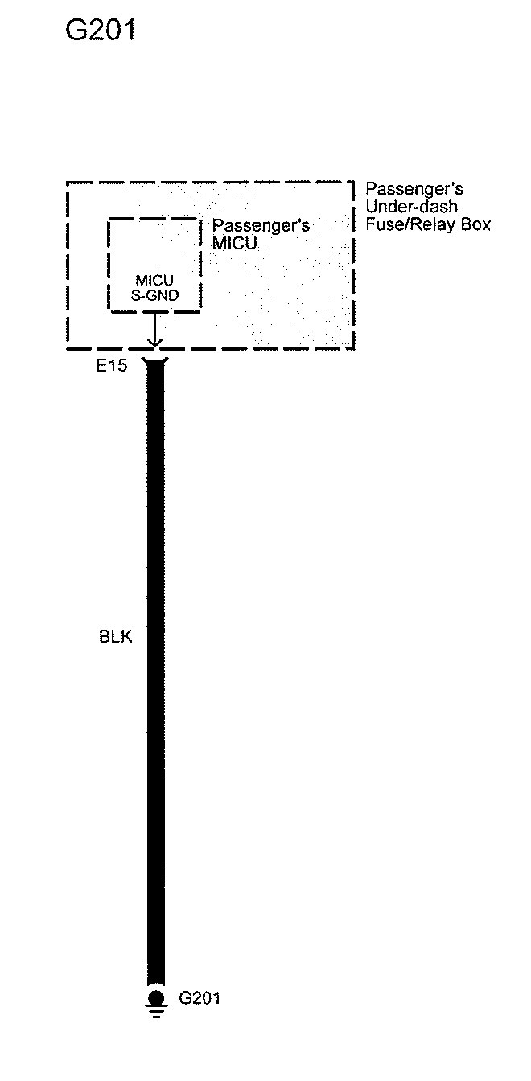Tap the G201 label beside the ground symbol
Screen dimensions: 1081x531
[x=200, y=998]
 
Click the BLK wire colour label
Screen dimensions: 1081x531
[x=116, y=637]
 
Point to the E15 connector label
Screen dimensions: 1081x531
[x=112, y=367]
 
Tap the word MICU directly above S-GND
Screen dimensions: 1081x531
[x=154, y=281]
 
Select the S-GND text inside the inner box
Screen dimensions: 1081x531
[x=154, y=294]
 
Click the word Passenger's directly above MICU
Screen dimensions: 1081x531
[x=261, y=226]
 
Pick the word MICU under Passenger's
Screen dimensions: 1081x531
[x=235, y=242]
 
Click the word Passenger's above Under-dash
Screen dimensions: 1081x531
[x=414, y=190]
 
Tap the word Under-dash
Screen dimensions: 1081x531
[x=412, y=207]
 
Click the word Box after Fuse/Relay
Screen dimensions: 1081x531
[x=474, y=224]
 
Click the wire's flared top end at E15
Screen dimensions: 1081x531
[x=155, y=364]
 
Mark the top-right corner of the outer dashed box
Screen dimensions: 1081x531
[x=354, y=183]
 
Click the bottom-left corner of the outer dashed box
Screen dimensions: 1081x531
[x=67, y=348]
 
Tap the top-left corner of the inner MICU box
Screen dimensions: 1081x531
[x=109, y=218]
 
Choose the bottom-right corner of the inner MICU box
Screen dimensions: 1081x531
[x=200, y=310]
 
